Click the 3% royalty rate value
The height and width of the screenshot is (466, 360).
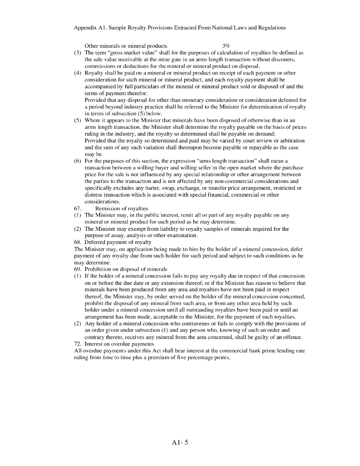coord(226,46)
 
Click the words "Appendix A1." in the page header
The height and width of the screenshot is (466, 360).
coord(88,28)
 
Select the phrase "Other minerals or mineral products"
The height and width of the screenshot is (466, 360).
coord(126,46)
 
